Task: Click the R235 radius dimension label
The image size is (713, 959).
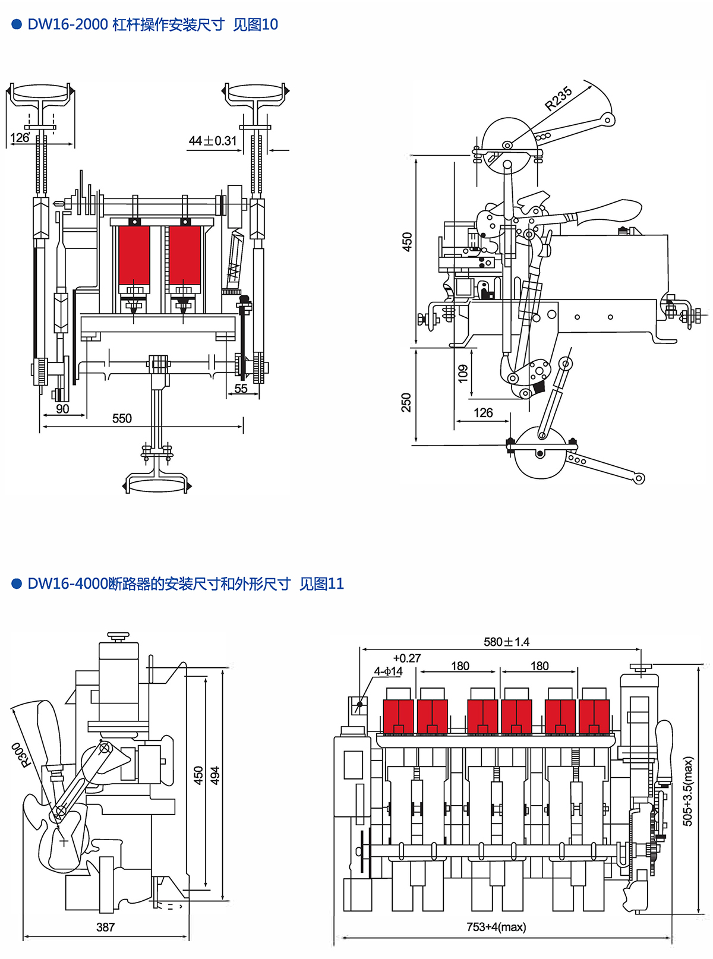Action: pos(559,98)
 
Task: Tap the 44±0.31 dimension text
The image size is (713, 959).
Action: pos(212,141)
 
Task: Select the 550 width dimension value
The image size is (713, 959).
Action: pos(122,418)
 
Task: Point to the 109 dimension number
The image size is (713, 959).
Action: pos(463,373)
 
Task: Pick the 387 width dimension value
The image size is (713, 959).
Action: pos(106,927)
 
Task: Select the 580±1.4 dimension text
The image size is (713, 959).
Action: pos(506,642)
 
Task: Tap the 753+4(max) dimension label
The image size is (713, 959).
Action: pos(496,927)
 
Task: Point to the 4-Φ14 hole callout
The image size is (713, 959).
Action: pos(388,671)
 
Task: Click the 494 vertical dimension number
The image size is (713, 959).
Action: pos(215,775)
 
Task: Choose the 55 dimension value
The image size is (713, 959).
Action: pos(241,389)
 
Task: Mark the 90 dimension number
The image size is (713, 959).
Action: pos(62,409)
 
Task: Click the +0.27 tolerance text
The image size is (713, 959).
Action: pos(407,658)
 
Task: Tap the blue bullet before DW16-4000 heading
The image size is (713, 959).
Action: pos(17,583)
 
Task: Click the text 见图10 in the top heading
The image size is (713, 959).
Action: pos(255,24)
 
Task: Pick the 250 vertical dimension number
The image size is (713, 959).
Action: pos(406,402)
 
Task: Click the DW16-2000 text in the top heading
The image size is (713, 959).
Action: pos(68,24)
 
